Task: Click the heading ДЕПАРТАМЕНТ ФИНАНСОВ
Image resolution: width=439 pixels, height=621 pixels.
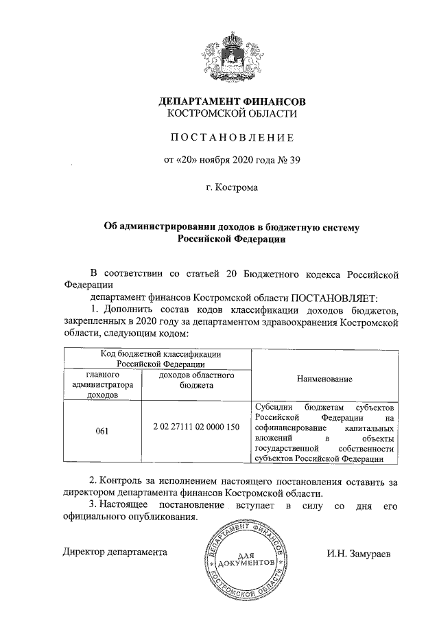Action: [228, 102]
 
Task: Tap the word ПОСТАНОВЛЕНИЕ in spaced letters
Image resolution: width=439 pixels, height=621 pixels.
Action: [228, 138]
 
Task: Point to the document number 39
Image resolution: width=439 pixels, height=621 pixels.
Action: [295, 161]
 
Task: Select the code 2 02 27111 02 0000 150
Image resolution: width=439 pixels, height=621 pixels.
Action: [196, 427]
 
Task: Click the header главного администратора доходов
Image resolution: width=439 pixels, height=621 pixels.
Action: [102, 386]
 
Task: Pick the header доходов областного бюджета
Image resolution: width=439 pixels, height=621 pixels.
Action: [196, 381]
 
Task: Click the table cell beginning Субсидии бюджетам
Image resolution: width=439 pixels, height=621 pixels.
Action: [324, 432]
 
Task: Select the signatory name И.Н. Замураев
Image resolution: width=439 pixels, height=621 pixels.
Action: [359, 553]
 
